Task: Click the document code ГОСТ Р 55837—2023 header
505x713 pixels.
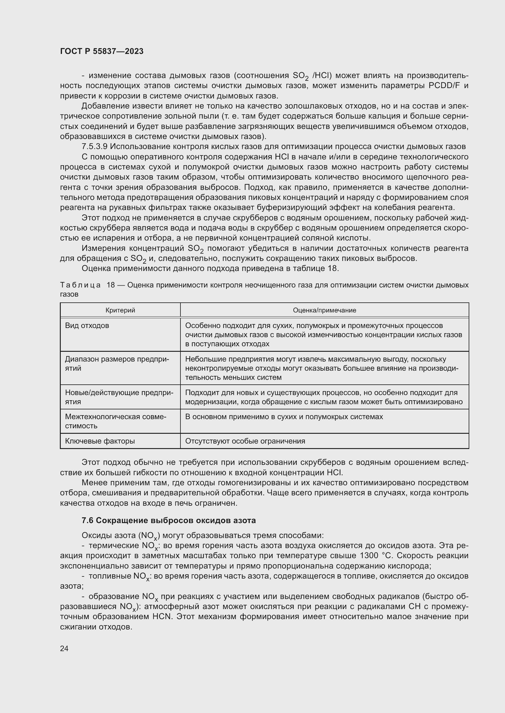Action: pyautogui.click(x=102, y=51)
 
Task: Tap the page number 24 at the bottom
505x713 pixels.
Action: pyautogui.click(x=64, y=648)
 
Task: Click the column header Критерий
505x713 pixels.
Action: pyautogui.click(x=120, y=310)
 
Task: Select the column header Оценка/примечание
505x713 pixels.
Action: pyautogui.click(x=324, y=310)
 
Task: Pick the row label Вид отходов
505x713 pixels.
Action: pyautogui.click(x=87, y=326)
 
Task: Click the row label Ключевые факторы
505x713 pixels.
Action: pyautogui.click(x=100, y=441)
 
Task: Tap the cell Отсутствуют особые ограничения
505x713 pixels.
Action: pyautogui.click(x=245, y=441)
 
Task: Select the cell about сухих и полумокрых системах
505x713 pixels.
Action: pyautogui.click(x=284, y=417)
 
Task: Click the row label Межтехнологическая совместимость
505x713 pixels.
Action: pyautogui.click(x=116, y=421)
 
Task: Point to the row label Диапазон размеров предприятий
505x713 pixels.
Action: pyautogui.click(x=117, y=364)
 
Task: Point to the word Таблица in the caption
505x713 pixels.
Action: pyautogui.click(x=80, y=285)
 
